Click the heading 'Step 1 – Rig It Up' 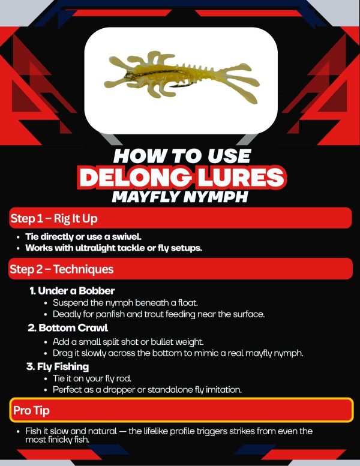(x=54, y=218)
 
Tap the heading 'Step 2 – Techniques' (x=62, y=269)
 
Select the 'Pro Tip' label (x=32, y=410)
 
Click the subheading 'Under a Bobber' (x=76, y=291)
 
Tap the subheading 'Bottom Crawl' (x=73, y=328)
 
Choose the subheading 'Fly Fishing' (x=63, y=366)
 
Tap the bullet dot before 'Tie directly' (x=19, y=237)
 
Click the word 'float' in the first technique (x=188, y=303)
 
